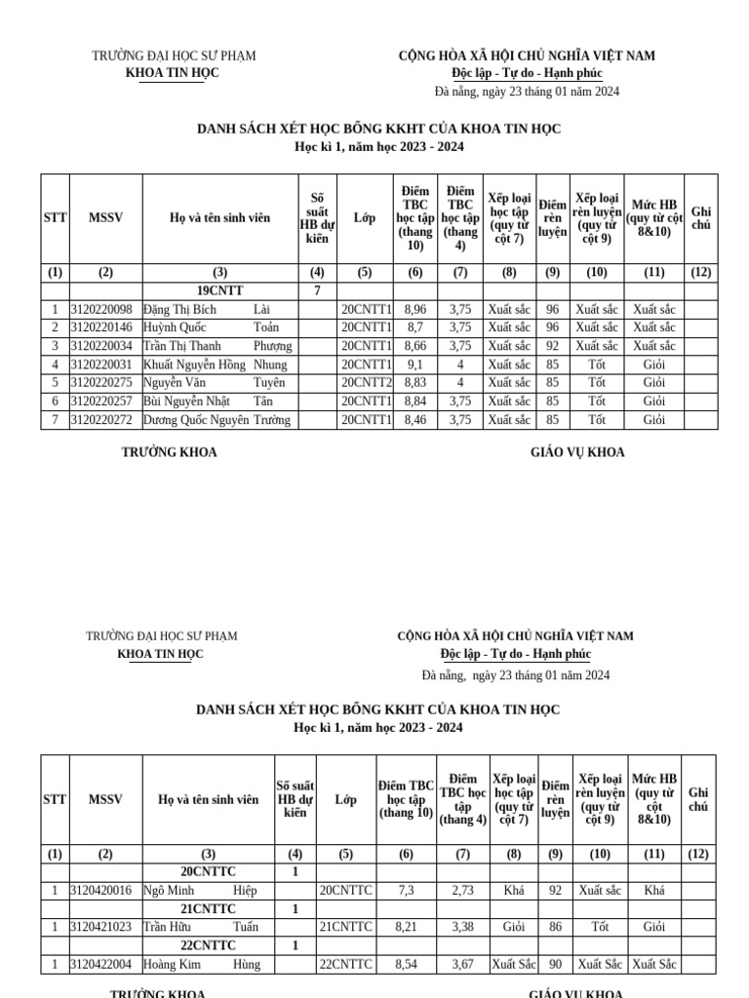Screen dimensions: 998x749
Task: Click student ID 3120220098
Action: tap(105, 309)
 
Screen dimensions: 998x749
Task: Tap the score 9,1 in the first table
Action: tap(414, 365)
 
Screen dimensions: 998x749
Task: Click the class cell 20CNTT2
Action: tap(366, 383)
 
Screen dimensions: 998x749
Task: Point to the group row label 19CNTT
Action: tap(220, 290)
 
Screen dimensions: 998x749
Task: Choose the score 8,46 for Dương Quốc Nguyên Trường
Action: tap(414, 420)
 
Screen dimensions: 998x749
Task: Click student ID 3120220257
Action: tap(105, 402)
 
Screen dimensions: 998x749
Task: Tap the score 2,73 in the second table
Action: tap(463, 890)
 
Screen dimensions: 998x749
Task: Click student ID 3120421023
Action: tap(105, 927)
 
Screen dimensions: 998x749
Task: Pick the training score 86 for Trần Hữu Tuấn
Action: tap(555, 927)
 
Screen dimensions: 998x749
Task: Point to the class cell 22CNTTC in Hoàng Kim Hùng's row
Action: tap(346, 964)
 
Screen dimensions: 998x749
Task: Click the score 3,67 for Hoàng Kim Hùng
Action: tap(463, 964)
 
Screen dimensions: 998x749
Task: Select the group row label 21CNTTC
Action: tap(209, 908)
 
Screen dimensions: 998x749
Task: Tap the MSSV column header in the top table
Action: tap(105, 218)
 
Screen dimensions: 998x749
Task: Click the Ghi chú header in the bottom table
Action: tap(699, 799)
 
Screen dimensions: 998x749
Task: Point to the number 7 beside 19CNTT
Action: tap(317, 290)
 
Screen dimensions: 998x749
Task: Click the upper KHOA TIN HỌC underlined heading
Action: tap(173, 73)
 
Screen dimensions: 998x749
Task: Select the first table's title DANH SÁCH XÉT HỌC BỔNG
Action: tap(378, 129)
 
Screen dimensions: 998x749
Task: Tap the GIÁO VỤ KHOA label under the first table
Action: tap(576, 452)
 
